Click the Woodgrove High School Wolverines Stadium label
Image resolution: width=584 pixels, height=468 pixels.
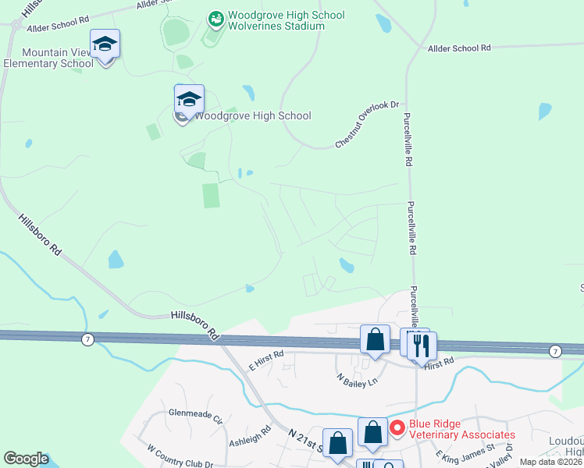285,20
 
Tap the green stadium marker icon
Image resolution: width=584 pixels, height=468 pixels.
216,16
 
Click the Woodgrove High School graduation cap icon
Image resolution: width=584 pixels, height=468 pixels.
189,100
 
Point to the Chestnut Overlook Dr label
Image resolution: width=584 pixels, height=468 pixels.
367,124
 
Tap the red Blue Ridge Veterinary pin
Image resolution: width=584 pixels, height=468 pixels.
397,427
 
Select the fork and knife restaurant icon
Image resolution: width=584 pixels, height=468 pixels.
422,344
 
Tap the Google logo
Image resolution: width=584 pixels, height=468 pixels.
26,459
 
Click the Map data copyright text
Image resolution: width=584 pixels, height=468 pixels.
551,462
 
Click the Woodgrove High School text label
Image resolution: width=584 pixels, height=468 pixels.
251,116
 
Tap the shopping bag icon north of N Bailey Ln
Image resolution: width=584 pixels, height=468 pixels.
375,339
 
